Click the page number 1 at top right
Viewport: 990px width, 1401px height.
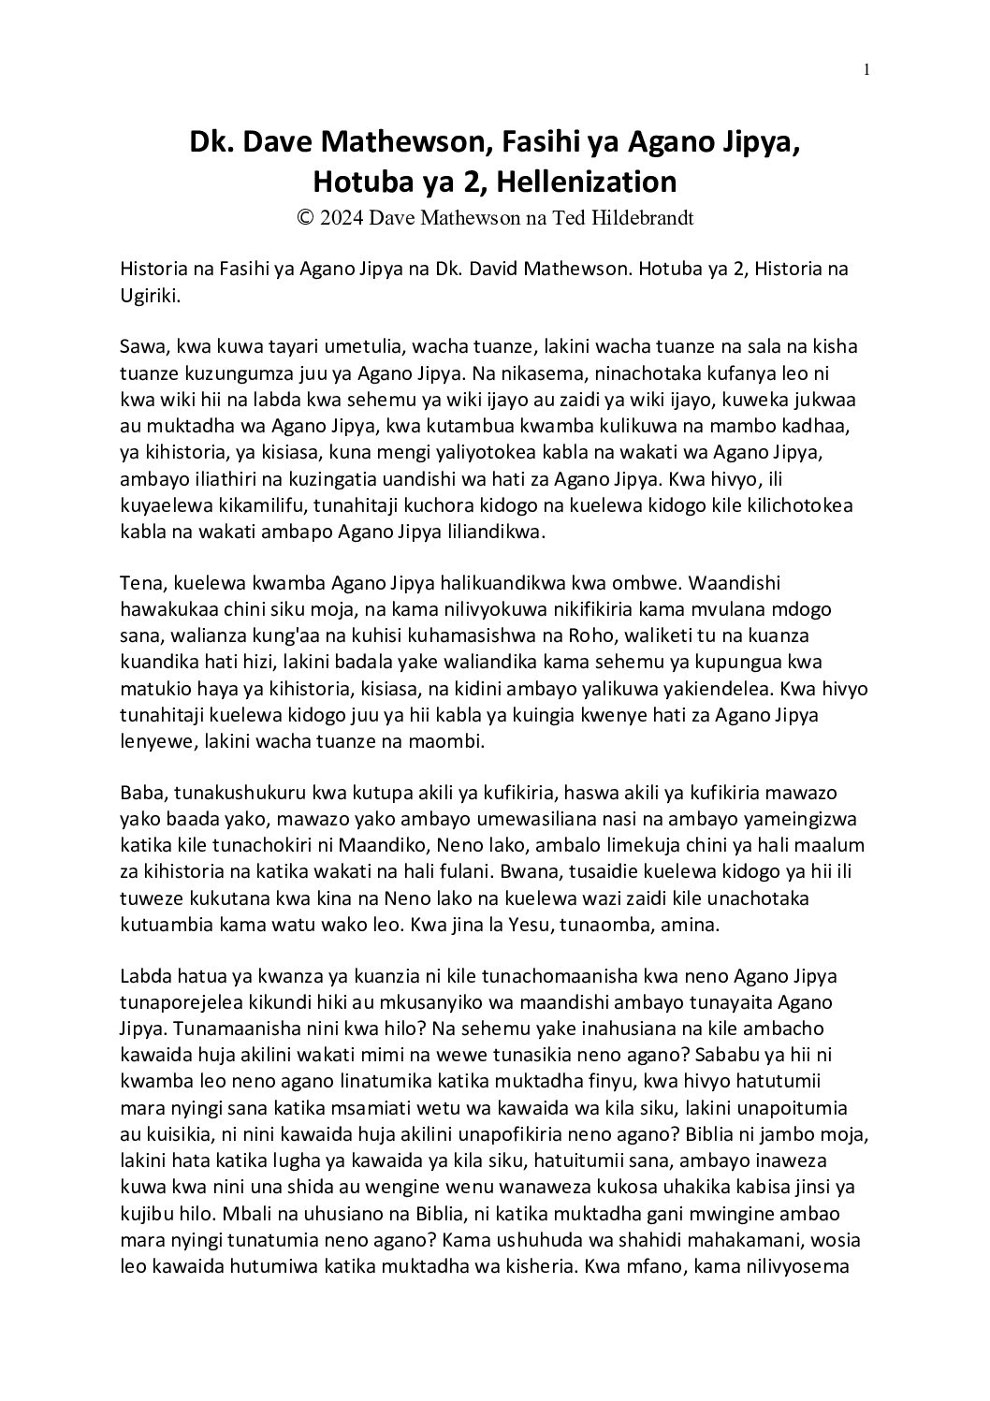tap(867, 69)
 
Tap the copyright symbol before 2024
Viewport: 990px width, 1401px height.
tap(304, 217)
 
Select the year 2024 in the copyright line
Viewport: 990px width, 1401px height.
tap(342, 217)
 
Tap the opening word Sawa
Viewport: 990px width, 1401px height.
tap(140, 345)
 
